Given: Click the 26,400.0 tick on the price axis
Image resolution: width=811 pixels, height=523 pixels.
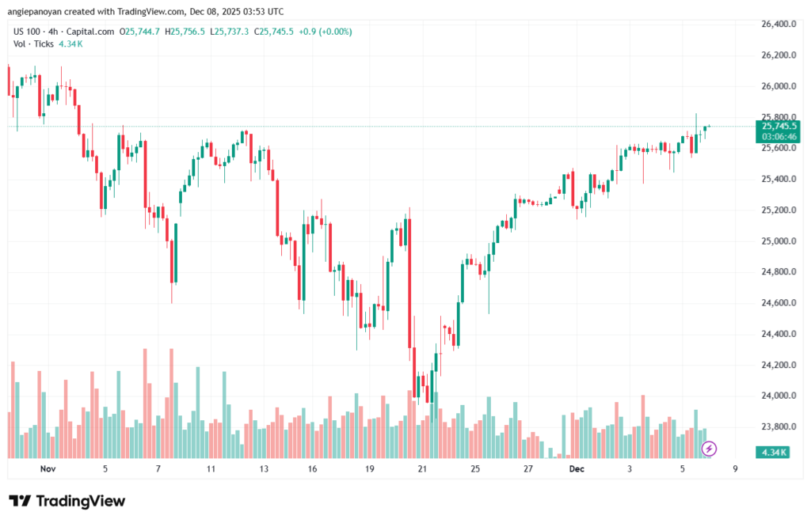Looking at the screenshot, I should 778,25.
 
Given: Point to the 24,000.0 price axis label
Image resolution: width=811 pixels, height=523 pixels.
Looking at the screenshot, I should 778,396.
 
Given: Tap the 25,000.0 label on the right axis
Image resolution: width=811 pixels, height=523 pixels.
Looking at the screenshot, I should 778,241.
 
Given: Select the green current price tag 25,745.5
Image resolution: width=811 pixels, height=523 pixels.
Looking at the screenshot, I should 779,126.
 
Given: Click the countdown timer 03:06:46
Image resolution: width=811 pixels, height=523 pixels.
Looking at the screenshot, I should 779,136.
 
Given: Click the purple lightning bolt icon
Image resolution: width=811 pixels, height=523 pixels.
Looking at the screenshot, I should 710,449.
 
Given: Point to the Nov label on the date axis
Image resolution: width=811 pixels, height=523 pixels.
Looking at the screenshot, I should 48,469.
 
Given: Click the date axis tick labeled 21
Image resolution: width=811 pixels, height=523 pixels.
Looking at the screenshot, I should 422,469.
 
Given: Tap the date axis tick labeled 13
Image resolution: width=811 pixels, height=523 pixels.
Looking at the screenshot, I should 264,469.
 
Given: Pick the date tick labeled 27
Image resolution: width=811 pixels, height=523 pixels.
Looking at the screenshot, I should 528,469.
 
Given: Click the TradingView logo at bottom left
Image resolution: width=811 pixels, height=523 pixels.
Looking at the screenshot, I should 67,501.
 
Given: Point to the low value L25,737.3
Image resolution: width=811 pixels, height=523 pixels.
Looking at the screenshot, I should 227,32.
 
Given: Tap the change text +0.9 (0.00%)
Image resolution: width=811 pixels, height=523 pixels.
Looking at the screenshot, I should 325,32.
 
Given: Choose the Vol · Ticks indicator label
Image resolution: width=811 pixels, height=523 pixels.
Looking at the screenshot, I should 31,44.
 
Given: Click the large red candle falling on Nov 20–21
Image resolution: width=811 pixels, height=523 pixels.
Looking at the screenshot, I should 410,285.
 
